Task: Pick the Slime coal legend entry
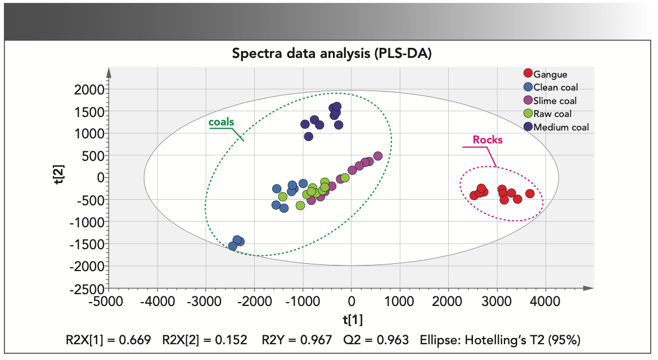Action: pos(555,101)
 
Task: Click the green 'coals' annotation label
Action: pos(221,121)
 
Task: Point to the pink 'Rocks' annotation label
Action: pos(488,139)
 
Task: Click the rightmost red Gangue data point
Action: pos(529,193)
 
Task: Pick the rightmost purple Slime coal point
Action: pos(378,156)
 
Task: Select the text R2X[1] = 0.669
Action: pos(108,340)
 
